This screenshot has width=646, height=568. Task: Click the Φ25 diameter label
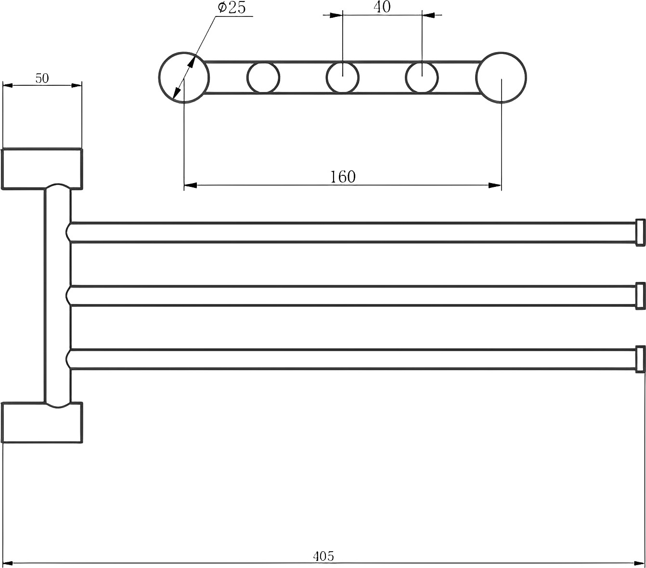[x=232, y=7]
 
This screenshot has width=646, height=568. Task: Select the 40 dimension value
[x=382, y=7]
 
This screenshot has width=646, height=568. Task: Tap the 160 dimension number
[x=343, y=177]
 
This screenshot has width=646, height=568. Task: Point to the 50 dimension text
[x=42, y=78]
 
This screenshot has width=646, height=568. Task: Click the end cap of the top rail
[x=640, y=232]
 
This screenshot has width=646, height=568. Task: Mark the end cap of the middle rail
[x=640, y=295]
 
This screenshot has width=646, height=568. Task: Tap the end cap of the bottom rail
[x=640, y=359]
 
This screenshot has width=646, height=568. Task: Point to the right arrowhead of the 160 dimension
[x=495, y=185]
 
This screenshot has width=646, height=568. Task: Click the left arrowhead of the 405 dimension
[x=9, y=563]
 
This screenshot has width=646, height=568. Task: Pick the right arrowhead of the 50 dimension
[x=77, y=85]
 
